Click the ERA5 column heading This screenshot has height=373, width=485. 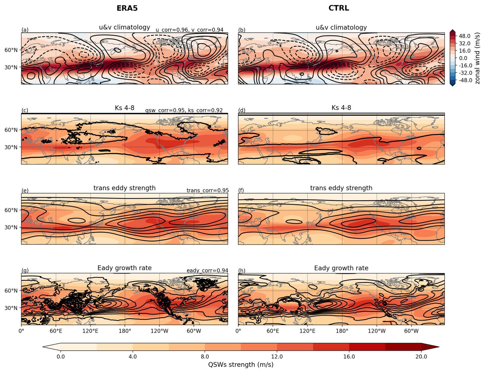(x=127, y=8)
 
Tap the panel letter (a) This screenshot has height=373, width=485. (x=25, y=30)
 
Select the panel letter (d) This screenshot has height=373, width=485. (x=242, y=110)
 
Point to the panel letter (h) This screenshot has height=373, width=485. (x=242, y=270)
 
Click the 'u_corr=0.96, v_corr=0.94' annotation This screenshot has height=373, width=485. (x=189, y=30)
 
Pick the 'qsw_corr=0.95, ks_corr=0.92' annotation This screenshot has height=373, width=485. (x=184, y=110)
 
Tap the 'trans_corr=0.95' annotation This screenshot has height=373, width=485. (x=207, y=190)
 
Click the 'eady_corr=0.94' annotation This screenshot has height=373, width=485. (x=207, y=270)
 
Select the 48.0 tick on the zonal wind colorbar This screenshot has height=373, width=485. (x=464, y=36)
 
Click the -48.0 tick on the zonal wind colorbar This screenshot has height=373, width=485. (x=464, y=80)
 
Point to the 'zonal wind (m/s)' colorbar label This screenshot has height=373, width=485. (x=477, y=58)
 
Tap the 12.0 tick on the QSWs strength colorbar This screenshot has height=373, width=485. (x=277, y=357)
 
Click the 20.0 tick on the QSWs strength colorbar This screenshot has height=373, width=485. (x=421, y=357)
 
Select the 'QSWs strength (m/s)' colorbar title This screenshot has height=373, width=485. (x=241, y=365)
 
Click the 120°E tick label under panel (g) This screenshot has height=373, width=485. (x=90, y=331)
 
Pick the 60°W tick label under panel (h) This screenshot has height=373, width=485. (x=411, y=331)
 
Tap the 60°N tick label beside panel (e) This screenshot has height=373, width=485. (x=11, y=210)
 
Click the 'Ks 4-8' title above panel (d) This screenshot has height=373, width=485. (x=341, y=108)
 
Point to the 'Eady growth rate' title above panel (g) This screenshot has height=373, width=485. (x=124, y=268)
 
